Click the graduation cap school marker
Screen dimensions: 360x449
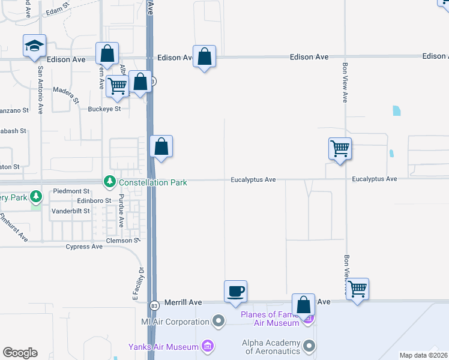(35, 46)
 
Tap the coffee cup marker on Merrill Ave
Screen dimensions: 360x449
(235, 292)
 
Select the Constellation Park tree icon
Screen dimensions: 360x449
(109, 181)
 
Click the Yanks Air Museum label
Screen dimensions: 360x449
(163, 347)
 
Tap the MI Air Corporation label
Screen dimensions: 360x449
(179, 321)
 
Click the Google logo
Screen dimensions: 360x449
(20, 353)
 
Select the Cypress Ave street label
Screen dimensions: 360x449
(84, 247)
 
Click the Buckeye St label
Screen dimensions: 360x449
(104, 109)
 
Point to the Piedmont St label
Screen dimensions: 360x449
(71, 191)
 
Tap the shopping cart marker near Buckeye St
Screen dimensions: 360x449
(117, 86)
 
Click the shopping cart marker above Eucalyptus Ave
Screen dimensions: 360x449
(340, 148)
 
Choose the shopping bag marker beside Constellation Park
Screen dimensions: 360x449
(161, 146)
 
